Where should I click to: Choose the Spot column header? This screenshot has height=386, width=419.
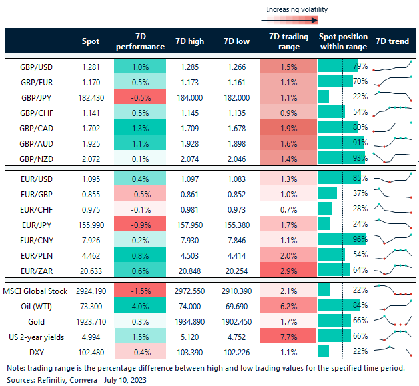[91, 41]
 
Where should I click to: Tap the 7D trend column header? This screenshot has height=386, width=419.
[392, 41]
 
